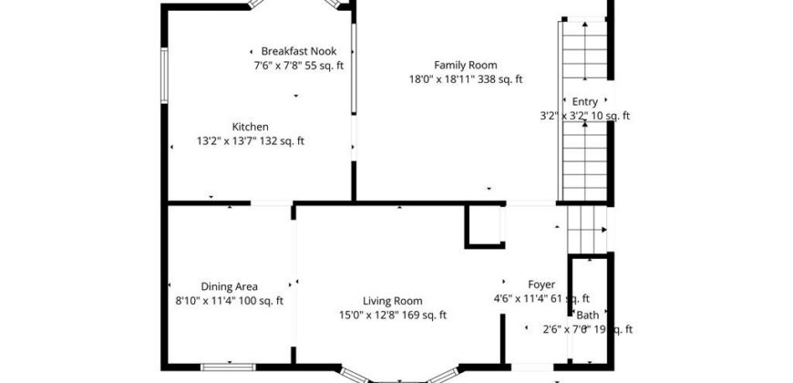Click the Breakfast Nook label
pyautogui.click(x=298, y=51)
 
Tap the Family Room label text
pyautogui.click(x=465, y=65)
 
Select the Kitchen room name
pyautogui.click(x=251, y=127)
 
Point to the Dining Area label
pyautogui.click(x=229, y=286)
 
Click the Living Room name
pyautogui.click(x=393, y=301)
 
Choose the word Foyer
pyautogui.click(x=541, y=285)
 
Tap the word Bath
pyautogui.click(x=588, y=315)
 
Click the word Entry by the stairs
pyautogui.click(x=584, y=101)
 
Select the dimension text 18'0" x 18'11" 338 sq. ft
pyautogui.click(x=465, y=79)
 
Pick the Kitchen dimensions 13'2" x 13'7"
pyautogui.click(x=228, y=141)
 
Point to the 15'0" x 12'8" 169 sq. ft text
pyautogui.click(x=393, y=316)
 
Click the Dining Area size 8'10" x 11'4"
pyautogui.click(x=206, y=301)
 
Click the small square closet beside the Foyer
pyautogui.click(x=485, y=226)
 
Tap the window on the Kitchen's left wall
pyautogui.click(x=164, y=76)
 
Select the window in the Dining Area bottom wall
pyautogui.click(x=228, y=367)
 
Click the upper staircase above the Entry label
pyautogui.click(x=584, y=50)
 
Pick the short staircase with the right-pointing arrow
pyautogui.click(x=587, y=230)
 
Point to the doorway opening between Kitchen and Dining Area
pyautogui.click(x=271, y=203)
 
